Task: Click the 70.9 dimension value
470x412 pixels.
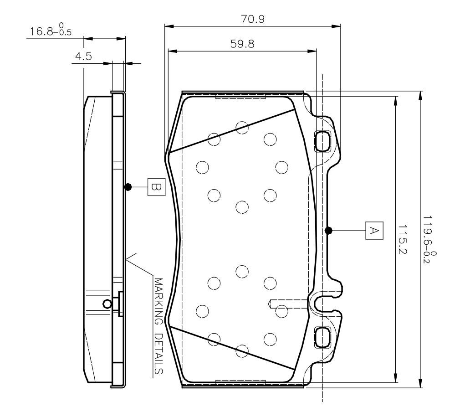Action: pos(253,19)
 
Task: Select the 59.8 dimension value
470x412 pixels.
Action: pos(242,44)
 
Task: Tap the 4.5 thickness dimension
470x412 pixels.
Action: pos(83,56)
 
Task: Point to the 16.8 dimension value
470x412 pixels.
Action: pos(41,31)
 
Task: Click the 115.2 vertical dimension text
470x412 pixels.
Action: pos(402,239)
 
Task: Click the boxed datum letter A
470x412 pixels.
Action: pos(374,231)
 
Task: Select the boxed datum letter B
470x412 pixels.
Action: pos(157,187)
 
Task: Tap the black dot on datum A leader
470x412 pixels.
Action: pos(328,230)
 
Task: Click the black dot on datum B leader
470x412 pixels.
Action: pos(128,187)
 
